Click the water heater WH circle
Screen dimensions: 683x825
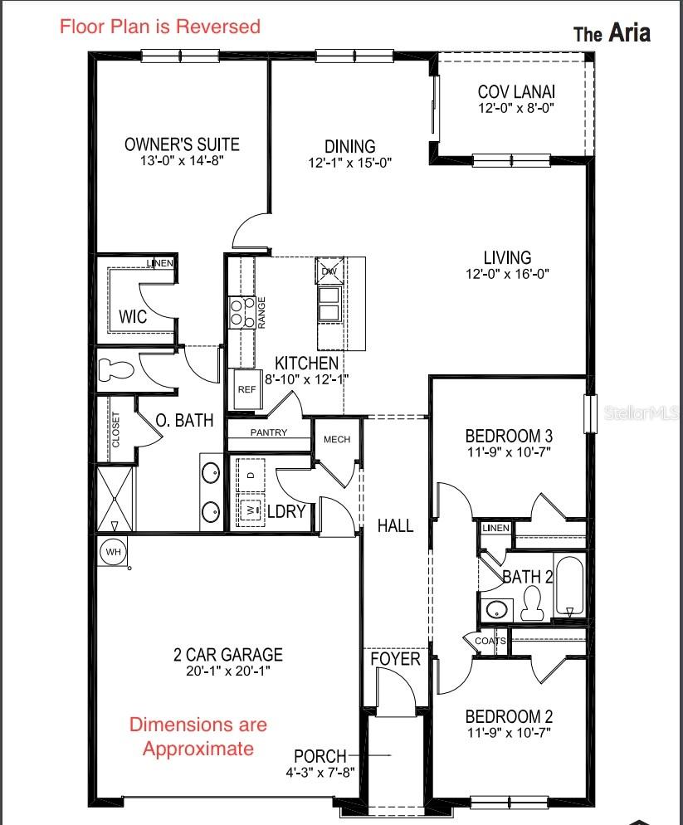[113, 552]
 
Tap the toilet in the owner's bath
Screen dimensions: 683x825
[115, 369]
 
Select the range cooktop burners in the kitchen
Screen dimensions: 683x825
[241, 313]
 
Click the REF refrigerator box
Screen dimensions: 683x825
[246, 389]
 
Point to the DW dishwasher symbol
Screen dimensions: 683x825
[329, 271]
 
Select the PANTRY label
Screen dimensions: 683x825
[269, 432]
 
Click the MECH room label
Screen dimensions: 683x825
[337, 439]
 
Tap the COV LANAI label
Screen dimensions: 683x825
[516, 91]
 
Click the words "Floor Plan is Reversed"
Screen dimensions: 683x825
[160, 27]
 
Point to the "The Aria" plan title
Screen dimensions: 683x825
[612, 33]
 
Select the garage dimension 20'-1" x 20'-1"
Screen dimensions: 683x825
[228, 671]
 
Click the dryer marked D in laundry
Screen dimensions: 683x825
[251, 475]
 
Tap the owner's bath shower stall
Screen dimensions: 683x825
[115, 498]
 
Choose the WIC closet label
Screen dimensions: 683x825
[133, 317]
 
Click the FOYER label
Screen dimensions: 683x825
[395, 659]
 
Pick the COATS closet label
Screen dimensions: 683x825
[490, 641]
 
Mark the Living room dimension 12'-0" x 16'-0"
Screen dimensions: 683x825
[507, 274]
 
